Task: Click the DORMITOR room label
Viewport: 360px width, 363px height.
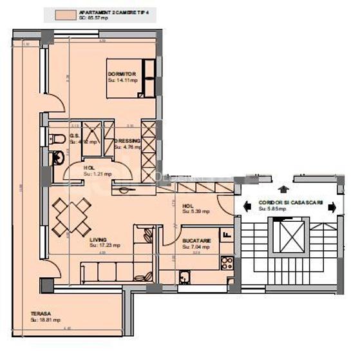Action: pos(120,75)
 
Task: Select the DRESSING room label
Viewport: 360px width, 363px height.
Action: pos(127,141)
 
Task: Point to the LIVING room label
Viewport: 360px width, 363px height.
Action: pos(99,239)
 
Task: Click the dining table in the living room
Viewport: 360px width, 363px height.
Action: pos(71,216)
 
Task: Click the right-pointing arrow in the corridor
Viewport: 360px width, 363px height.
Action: pos(330,206)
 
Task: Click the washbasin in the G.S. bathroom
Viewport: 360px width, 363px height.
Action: pos(58,155)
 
